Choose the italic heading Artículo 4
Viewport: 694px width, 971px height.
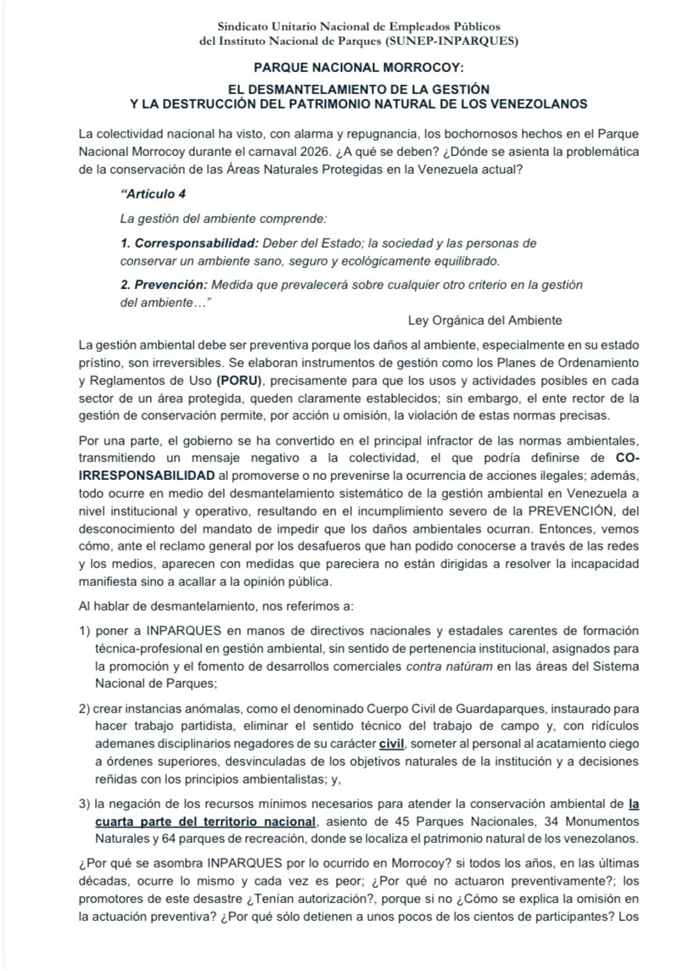(x=154, y=193)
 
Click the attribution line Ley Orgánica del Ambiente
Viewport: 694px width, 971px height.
(x=485, y=321)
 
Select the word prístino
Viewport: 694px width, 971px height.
(x=98, y=363)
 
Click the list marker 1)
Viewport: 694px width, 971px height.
(x=84, y=633)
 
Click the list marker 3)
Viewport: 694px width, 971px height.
(x=84, y=802)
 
